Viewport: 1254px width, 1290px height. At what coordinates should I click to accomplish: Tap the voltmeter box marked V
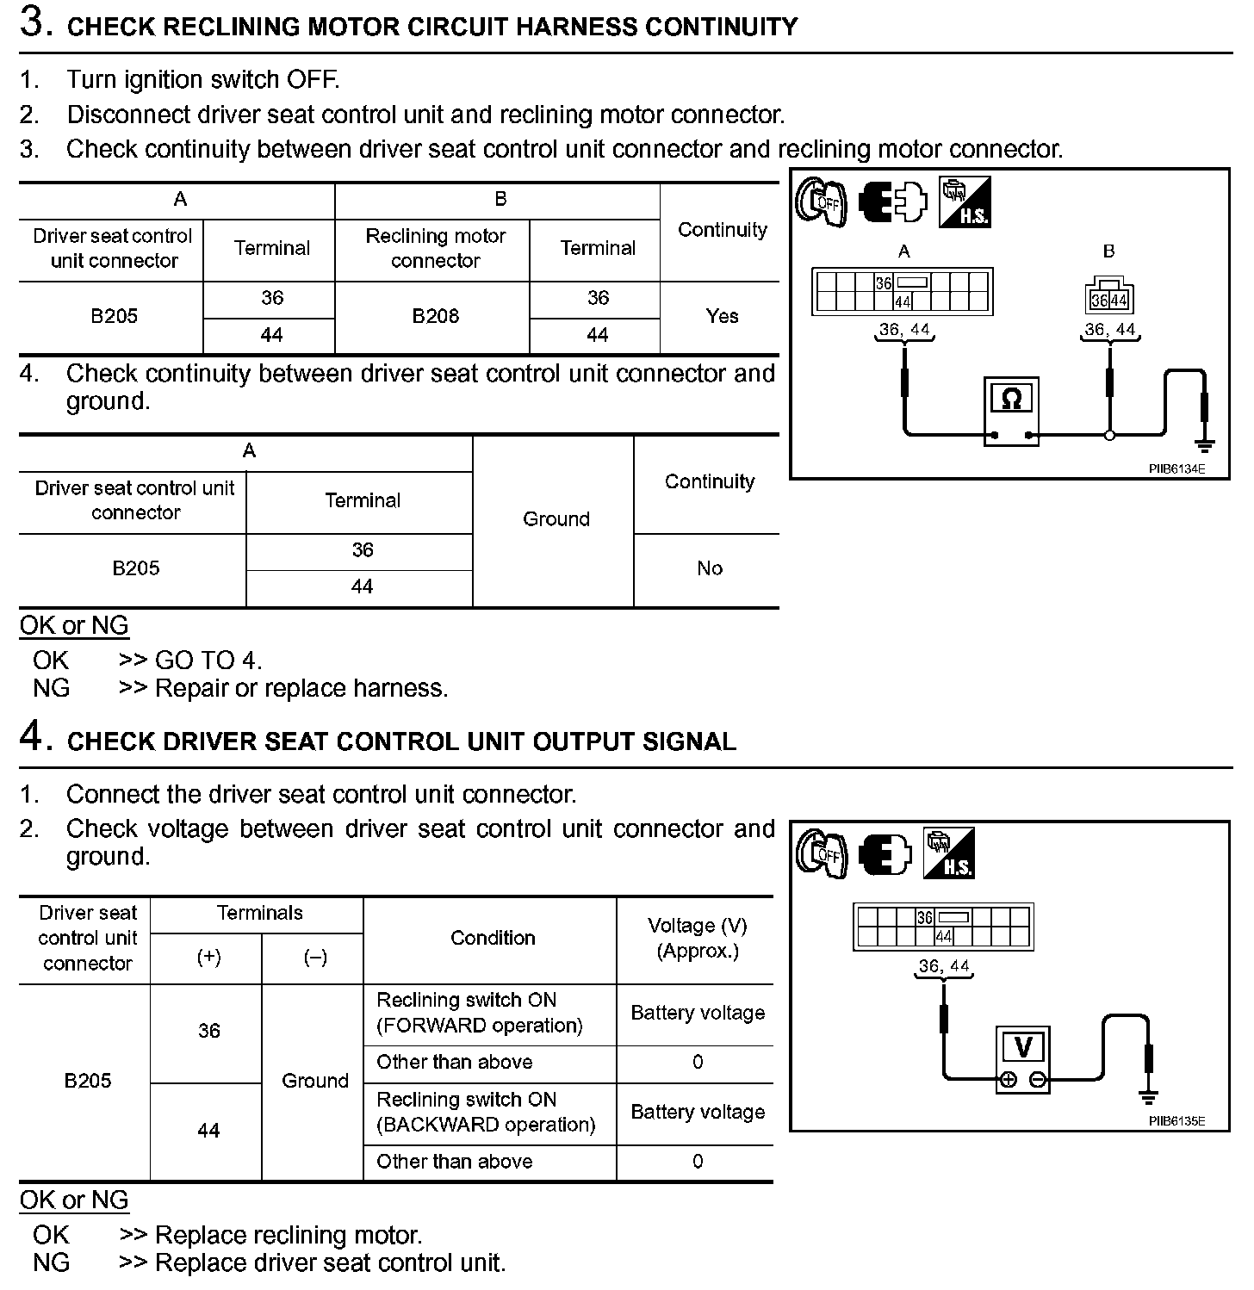click(x=1023, y=1057)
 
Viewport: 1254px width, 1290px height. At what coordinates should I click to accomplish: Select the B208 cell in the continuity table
click(x=436, y=316)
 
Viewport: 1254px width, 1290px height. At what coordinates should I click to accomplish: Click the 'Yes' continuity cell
click(x=722, y=316)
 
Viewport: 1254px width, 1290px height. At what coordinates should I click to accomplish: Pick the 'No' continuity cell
click(x=709, y=568)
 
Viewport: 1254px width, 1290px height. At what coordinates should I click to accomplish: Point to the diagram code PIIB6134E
click(x=1176, y=468)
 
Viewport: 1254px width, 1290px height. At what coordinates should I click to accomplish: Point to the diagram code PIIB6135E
click(x=1176, y=1120)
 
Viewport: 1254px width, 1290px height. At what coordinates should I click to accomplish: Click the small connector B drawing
click(x=1108, y=295)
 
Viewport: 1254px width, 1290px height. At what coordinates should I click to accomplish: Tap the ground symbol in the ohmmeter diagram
click(x=1205, y=443)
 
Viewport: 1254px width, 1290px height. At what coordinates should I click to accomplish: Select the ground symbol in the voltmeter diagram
click(x=1147, y=1096)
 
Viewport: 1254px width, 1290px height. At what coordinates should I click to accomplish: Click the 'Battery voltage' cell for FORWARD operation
click(x=698, y=1013)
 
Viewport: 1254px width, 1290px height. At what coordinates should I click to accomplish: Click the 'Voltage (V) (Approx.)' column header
click(x=698, y=938)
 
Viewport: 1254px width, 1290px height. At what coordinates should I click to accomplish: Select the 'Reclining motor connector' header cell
click(x=435, y=248)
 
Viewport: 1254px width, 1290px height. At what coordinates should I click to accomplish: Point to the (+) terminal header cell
click(x=208, y=958)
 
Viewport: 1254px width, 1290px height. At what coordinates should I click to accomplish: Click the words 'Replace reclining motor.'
click(x=289, y=1235)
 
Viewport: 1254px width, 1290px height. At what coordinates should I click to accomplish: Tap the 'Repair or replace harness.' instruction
click(x=301, y=688)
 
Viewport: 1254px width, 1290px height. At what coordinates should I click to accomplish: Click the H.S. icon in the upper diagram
click(x=965, y=202)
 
